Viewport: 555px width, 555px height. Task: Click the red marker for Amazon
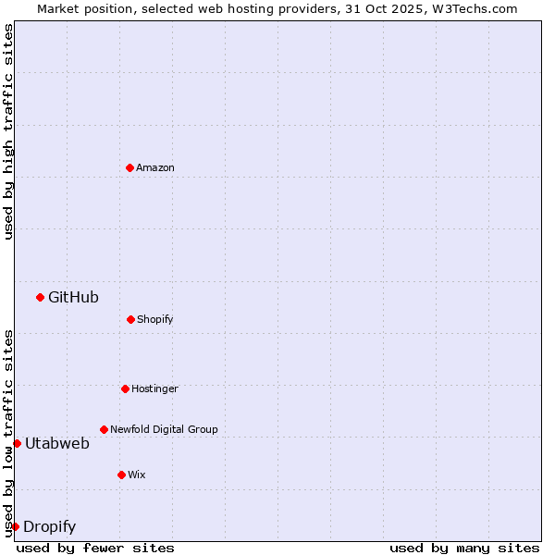129,167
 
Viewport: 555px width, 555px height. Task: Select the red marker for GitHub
40,297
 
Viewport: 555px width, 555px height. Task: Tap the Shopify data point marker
130,319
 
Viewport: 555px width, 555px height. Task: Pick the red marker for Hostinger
125,388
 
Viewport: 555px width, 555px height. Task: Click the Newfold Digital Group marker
104,429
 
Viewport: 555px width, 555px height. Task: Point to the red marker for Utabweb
17,443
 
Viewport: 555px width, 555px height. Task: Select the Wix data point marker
121,475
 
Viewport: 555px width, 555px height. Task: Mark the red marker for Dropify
15,526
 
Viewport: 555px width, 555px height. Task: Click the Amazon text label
155,167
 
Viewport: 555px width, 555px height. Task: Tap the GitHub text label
73,297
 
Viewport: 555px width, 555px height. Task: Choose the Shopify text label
155,319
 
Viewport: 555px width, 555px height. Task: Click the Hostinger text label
154,388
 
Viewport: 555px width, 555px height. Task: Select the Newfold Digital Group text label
164,429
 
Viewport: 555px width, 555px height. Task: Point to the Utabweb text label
57,443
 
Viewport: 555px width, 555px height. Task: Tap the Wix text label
137,475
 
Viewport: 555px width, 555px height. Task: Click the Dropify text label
49,526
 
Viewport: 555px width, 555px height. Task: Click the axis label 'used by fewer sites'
95,548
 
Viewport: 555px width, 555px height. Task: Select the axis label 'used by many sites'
463,548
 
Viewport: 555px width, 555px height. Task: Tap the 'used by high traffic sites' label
8,131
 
